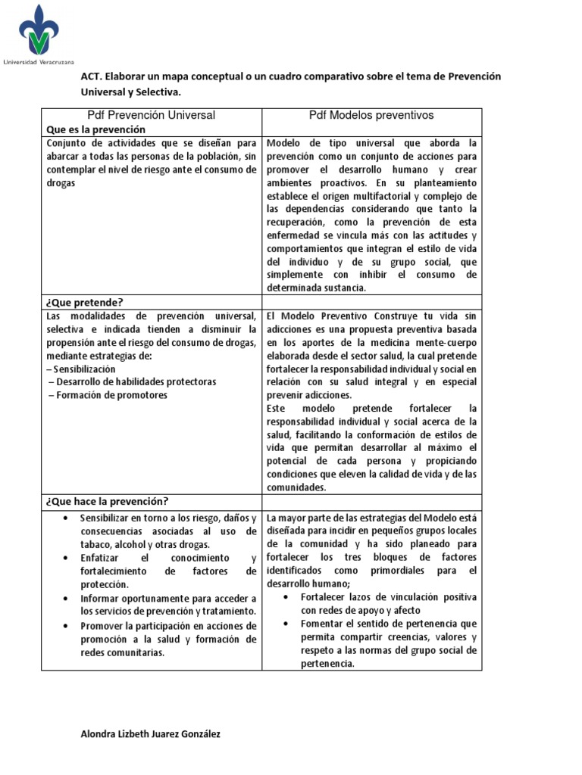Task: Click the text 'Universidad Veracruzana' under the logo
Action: (x=37, y=61)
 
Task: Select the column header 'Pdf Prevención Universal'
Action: (x=152, y=115)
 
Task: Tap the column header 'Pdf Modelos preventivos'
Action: (x=371, y=115)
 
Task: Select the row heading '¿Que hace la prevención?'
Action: (x=108, y=501)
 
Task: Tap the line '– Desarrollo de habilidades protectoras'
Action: (x=131, y=381)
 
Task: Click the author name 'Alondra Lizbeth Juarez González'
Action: (x=151, y=734)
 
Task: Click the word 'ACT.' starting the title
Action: (x=92, y=76)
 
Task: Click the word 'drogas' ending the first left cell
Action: (x=61, y=184)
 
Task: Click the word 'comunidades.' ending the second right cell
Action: (x=296, y=487)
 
